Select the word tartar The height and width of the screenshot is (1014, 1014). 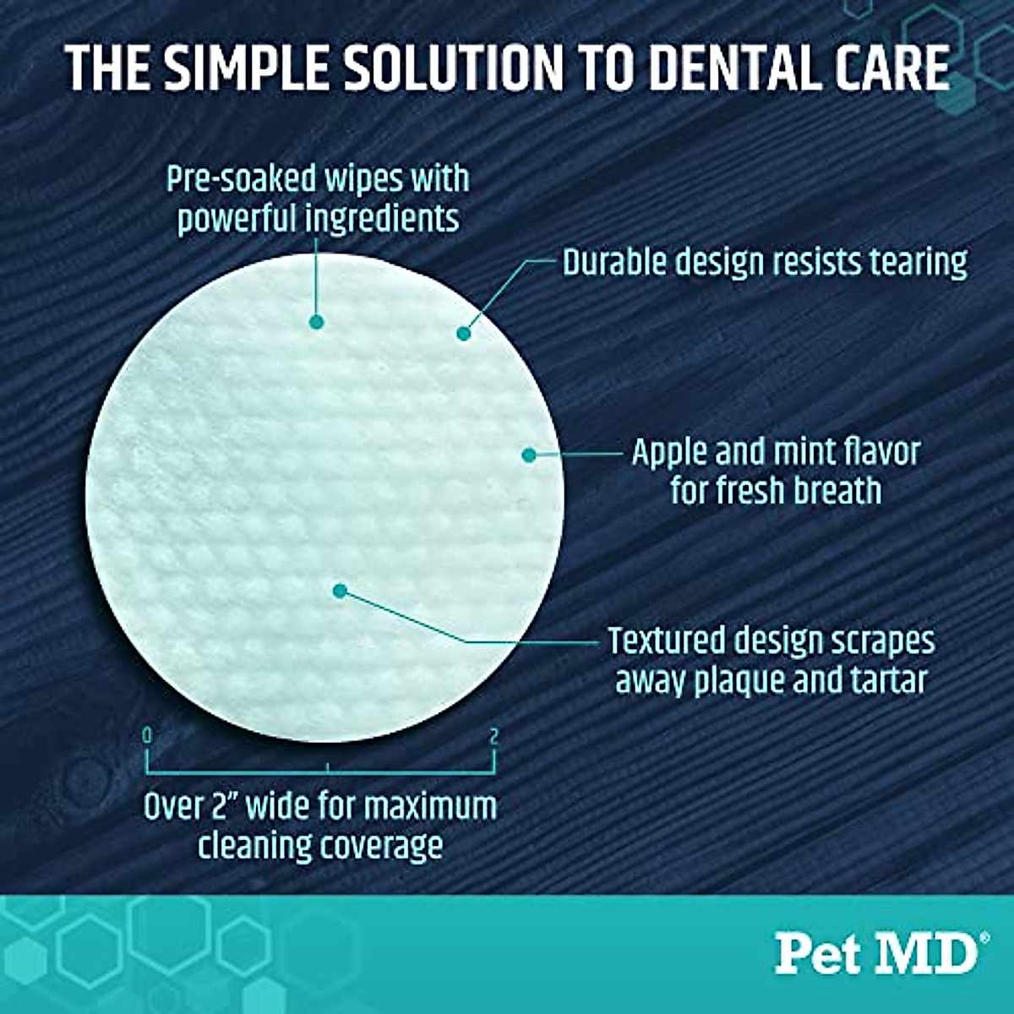(887, 679)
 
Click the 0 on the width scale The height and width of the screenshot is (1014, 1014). (148, 735)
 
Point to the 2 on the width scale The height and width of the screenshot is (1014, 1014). (494, 735)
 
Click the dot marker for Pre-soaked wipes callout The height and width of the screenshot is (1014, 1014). (317, 322)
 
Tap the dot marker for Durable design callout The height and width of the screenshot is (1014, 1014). (463, 334)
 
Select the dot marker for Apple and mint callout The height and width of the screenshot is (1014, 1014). (529, 455)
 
